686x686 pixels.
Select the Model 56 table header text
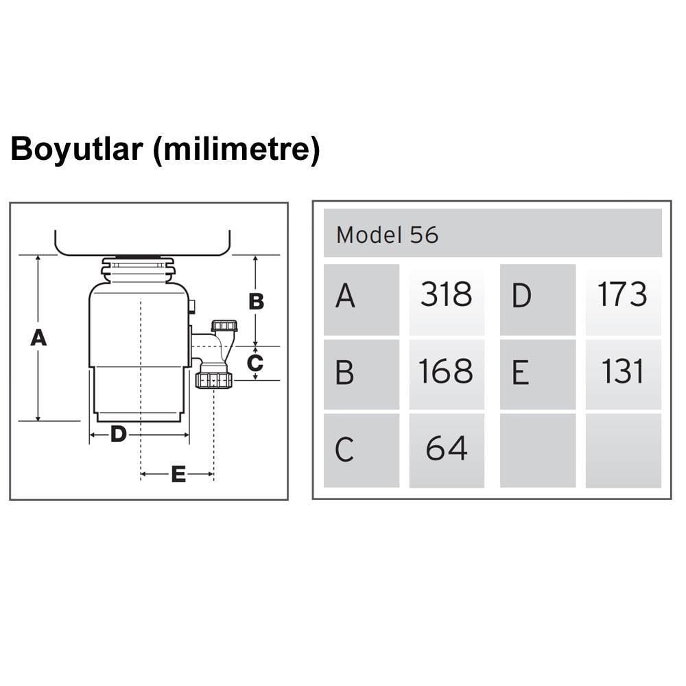[387, 235]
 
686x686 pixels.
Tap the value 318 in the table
[447, 295]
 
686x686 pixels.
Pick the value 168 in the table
[447, 371]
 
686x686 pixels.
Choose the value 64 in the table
[447, 448]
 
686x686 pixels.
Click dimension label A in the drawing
[38, 338]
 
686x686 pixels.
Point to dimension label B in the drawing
[256, 301]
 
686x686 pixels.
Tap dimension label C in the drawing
[255, 363]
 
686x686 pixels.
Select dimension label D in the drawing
[119, 434]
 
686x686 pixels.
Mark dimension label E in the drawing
[178, 474]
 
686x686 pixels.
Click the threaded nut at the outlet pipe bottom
[214, 379]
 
